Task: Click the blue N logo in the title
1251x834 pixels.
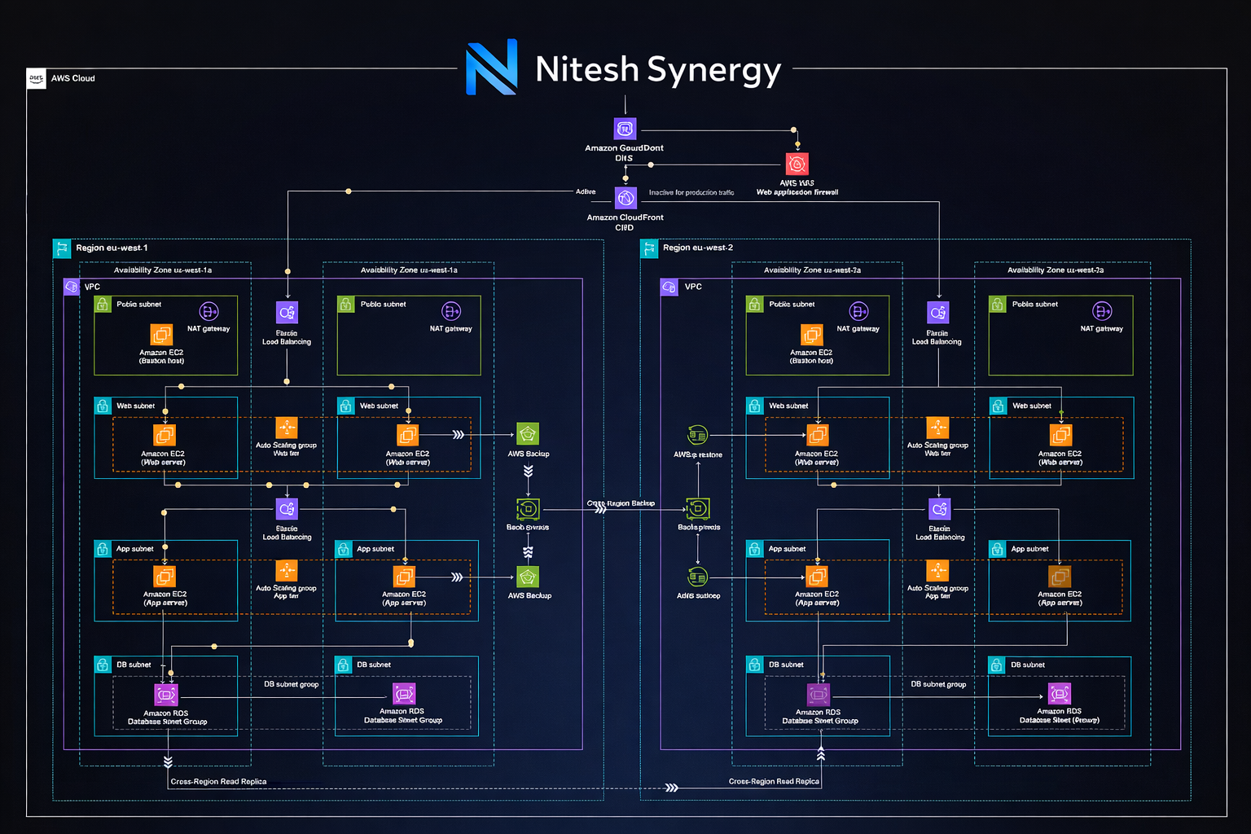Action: tap(491, 67)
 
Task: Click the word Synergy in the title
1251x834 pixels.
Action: tap(714, 71)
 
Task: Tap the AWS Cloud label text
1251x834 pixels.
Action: tap(73, 78)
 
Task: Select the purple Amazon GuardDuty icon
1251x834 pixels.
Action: tap(625, 129)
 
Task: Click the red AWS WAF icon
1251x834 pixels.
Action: tap(797, 164)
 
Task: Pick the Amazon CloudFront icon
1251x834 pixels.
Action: tap(625, 198)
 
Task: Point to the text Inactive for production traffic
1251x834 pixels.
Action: tap(691, 193)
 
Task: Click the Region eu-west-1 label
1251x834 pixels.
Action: tap(112, 248)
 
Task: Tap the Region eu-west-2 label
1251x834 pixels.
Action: tap(698, 248)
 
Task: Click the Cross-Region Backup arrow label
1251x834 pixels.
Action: tap(621, 503)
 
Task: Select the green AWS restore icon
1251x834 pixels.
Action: tap(698, 435)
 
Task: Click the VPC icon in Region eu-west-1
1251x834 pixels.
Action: tap(72, 287)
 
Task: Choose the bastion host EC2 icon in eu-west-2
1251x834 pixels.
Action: tap(812, 335)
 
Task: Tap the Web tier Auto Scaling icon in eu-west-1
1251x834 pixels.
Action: tap(287, 428)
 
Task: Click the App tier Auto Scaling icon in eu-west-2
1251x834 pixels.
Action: tap(937, 571)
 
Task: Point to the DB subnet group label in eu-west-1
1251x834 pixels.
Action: tap(291, 684)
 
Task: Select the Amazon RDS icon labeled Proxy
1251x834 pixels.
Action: tap(1060, 694)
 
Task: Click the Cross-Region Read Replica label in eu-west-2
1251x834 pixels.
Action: tap(774, 781)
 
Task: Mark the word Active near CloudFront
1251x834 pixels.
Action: tap(586, 192)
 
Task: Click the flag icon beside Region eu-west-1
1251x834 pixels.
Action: tap(61, 248)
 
